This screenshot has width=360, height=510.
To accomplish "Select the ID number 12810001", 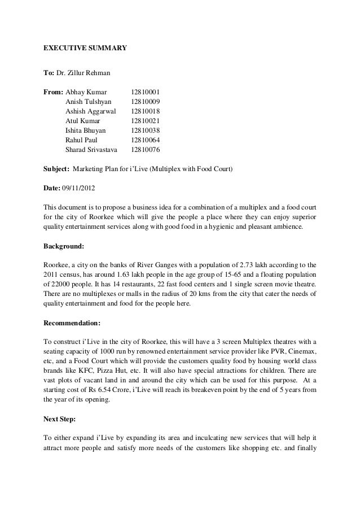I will (x=146, y=91).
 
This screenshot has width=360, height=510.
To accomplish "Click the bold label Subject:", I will (x=56, y=169).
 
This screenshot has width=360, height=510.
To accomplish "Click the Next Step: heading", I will (x=61, y=420).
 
